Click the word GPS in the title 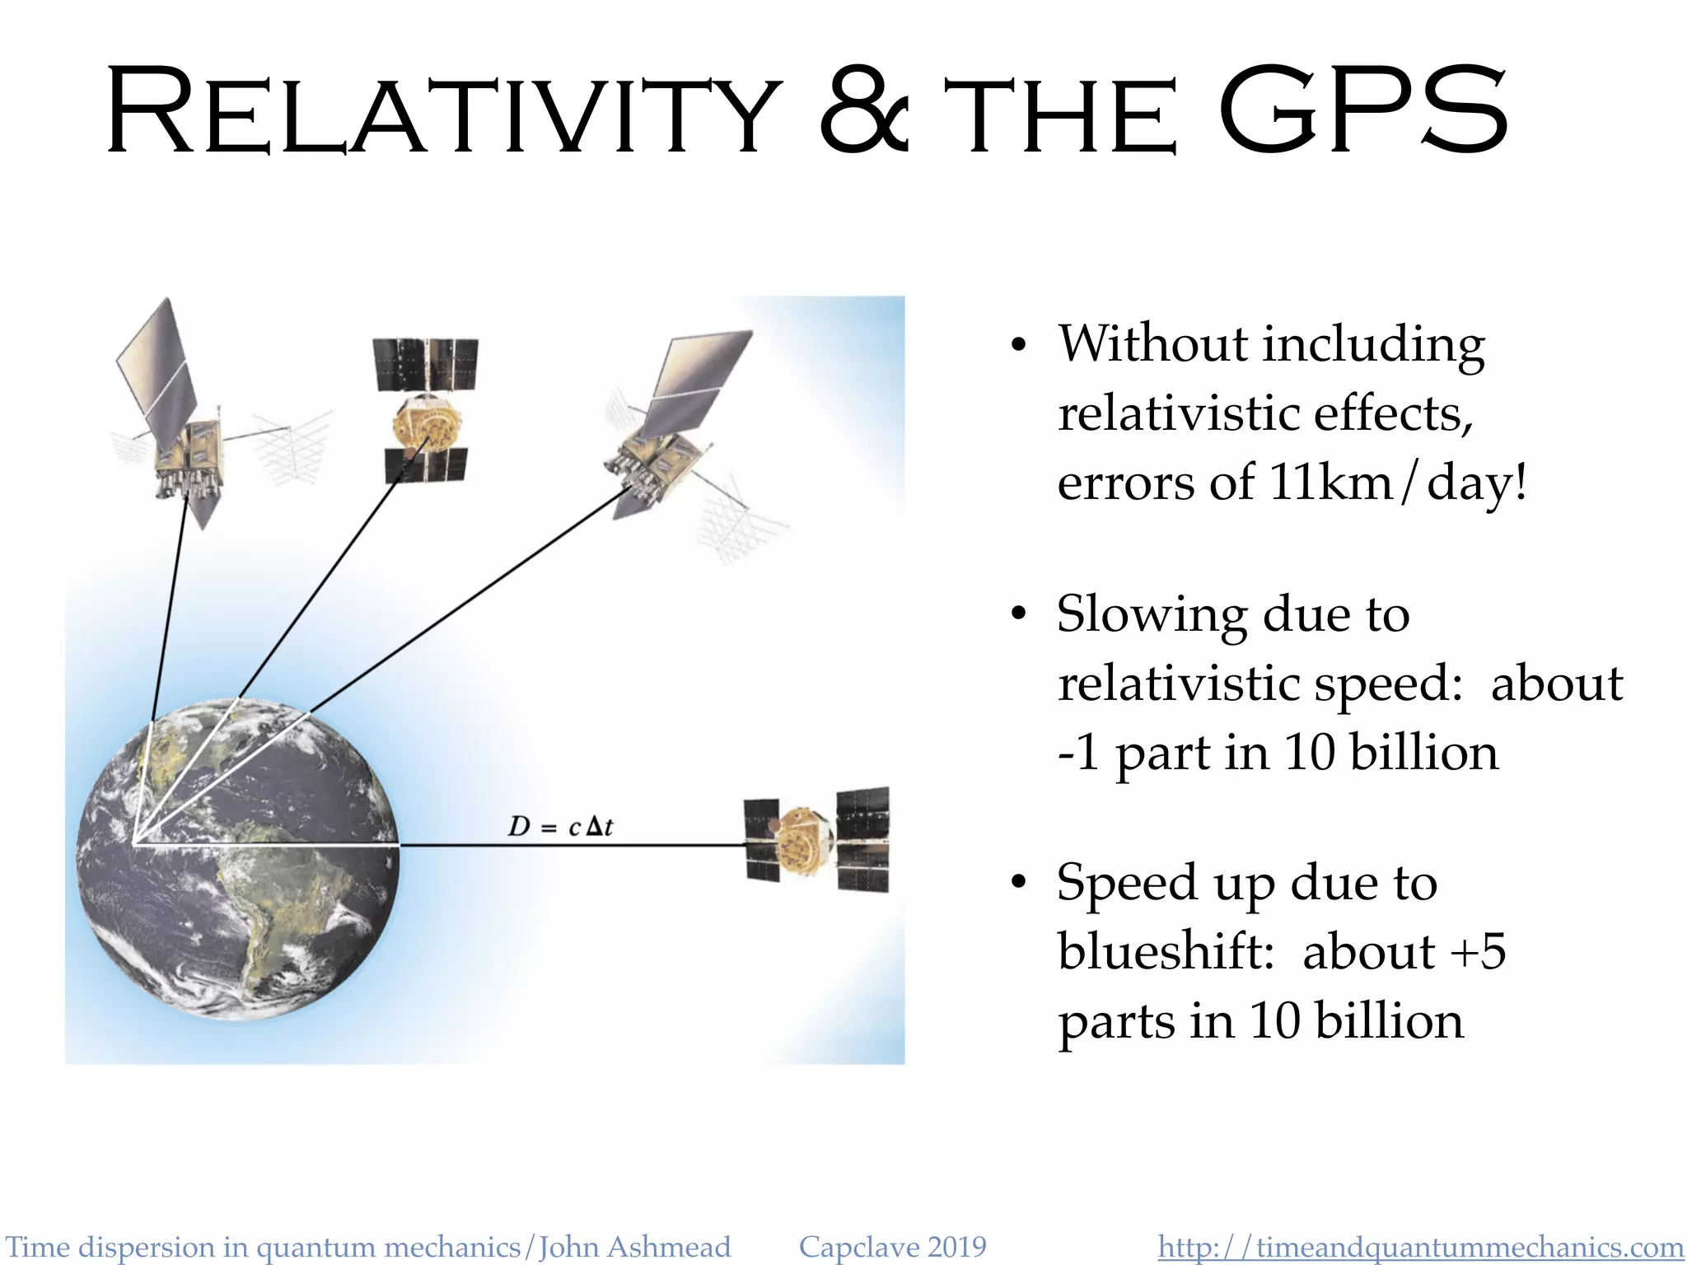[1363, 111]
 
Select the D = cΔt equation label [560, 826]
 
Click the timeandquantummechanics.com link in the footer [1420, 1247]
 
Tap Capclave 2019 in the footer [892, 1247]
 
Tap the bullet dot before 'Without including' [1019, 346]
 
